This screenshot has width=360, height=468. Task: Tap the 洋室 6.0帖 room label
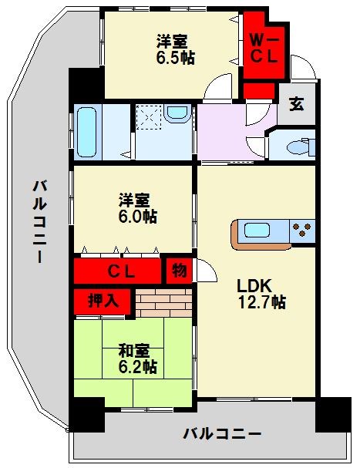point(137,208)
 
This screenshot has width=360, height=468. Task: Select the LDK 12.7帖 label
point(261,291)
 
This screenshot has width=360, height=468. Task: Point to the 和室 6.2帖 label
point(137,358)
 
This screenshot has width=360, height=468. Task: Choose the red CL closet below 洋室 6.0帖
point(119,271)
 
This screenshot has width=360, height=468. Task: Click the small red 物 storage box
point(178,271)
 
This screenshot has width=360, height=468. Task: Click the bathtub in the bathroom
point(87,131)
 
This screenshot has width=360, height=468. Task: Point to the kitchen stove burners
point(303,230)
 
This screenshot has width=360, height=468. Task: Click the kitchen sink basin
point(257,230)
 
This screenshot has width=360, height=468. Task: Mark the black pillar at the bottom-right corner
point(333,416)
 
